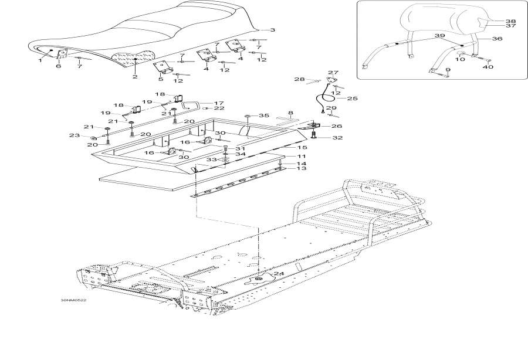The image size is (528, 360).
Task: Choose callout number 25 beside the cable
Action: click(x=352, y=99)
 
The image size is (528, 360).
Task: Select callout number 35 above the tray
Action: click(x=263, y=116)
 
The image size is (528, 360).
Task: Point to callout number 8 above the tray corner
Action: click(x=290, y=113)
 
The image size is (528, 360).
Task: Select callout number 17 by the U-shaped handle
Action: click(x=219, y=103)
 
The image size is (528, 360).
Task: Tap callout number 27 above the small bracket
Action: click(x=333, y=72)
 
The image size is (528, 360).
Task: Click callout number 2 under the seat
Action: click(x=135, y=77)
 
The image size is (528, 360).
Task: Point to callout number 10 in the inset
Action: click(x=460, y=60)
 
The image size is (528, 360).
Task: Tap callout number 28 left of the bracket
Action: click(x=300, y=79)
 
